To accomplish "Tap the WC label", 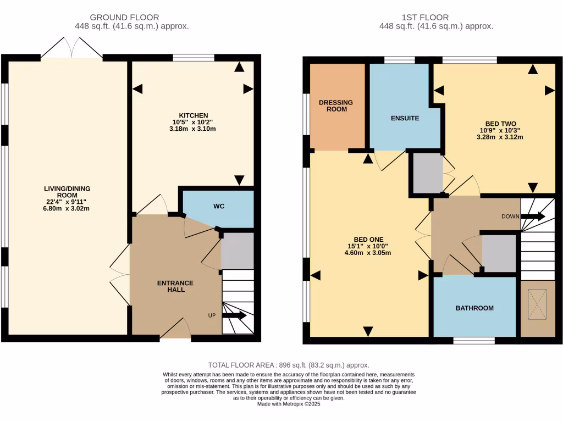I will click(x=219, y=207).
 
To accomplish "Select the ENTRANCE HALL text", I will click(x=175, y=286).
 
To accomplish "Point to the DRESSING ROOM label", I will click(x=336, y=105).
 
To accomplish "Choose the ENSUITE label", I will click(x=405, y=118).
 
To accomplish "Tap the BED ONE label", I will click(x=368, y=240).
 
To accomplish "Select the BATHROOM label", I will click(x=474, y=308).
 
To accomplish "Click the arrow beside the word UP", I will click(x=235, y=315).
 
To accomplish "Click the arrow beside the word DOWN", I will click(x=533, y=216).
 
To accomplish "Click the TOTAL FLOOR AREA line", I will click(x=289, y=365).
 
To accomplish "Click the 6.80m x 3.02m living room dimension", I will click(x=67, y=208).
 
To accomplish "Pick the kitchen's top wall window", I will click(x=194, y=58).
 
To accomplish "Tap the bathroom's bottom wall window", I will click(x=474, y=341).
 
